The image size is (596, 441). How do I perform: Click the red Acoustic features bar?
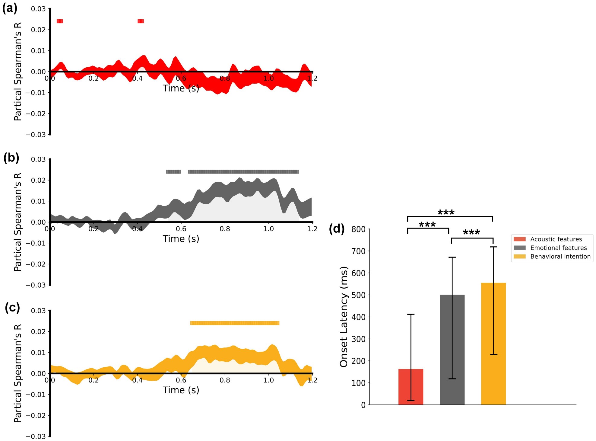tap(411, 387)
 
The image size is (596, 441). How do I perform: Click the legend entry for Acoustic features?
tap(556, 239)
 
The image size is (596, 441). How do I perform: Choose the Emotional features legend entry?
tap(558, 248)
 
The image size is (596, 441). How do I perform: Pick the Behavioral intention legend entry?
tap(560, 256)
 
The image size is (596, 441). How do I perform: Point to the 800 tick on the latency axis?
tap(359, 229)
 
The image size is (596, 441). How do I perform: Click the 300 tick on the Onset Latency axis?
tap(359, 339)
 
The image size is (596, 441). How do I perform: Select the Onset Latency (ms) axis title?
tap(344, 317)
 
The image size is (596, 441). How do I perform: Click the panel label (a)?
tap(10, 8)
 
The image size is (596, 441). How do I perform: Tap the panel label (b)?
tap(11, 158)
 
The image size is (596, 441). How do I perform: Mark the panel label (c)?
tap(12, 308)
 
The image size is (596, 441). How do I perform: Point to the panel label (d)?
tap(337, 228)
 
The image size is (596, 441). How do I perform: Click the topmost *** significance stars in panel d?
tap(446, 213)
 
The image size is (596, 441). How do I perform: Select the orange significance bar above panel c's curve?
tap(235, 323)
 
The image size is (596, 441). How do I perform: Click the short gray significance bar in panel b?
tap(173, 172)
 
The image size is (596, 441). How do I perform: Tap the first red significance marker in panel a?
tap(60, 21)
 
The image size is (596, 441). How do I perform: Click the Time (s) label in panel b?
tap(181, 239)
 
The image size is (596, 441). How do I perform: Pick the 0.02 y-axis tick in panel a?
tap(38, 30)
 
